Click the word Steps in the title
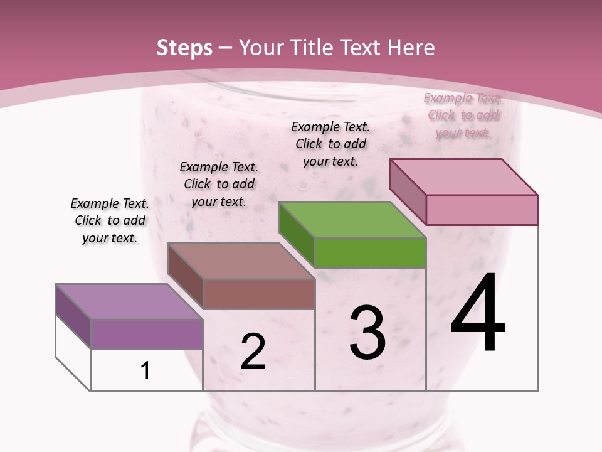(184, 48)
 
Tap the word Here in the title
(411, 48)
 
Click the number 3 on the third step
(367, 333)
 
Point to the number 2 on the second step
(253, 352)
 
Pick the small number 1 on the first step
(145, 371)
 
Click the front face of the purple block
(147, 334)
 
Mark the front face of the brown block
(259, 294)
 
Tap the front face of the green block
(370, 252)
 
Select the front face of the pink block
(482, 210)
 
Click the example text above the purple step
(110, 220)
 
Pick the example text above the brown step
(219, 184)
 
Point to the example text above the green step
(330, 144)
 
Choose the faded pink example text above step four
(463, 115)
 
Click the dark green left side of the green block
(296, 234)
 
